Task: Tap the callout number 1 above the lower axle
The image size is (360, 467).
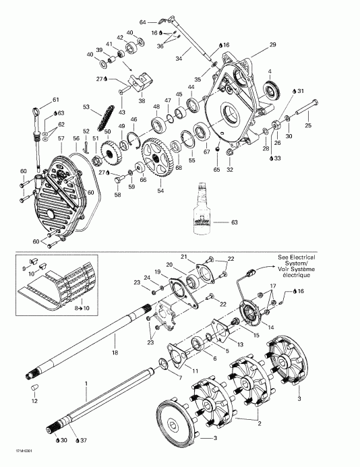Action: tap(86, 383)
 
